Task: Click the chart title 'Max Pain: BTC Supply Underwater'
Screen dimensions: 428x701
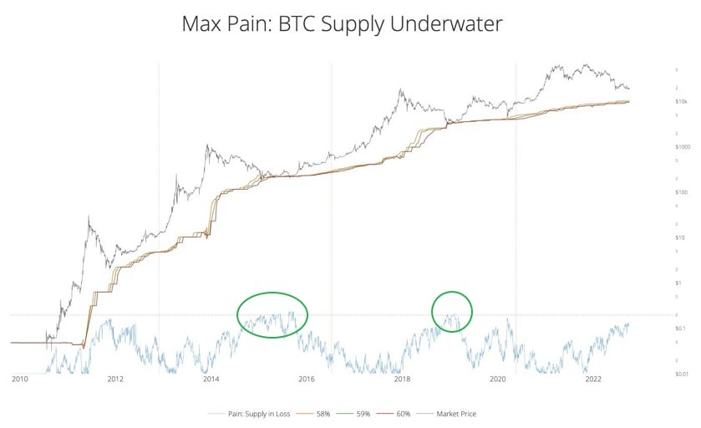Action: (x=343, y=24)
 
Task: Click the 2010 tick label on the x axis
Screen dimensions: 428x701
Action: (x=20, y=380)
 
